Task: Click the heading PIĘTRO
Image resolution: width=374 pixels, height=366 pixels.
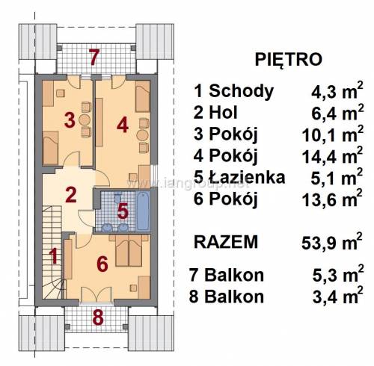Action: tap(289, 59)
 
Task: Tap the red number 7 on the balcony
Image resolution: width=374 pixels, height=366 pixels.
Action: tap(94, 58)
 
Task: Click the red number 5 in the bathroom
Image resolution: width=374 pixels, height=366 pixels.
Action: tap(123, 211)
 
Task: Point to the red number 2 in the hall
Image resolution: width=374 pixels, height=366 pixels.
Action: tap(71, 195)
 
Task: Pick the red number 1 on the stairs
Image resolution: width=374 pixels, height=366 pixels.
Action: tap(54, 256)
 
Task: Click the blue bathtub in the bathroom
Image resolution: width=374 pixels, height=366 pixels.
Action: tap(144, 211)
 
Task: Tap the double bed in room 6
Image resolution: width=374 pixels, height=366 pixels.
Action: tap(129, 251)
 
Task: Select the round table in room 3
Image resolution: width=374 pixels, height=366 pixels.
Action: tap(85, 120)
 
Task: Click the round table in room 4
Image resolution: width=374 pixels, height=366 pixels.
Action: tap(142, 135)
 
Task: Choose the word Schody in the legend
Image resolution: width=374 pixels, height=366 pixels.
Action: tap(241, 91)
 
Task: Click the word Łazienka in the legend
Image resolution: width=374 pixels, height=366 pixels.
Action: tap(247, 177)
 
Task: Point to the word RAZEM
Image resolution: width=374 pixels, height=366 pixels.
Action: tap(226, 242)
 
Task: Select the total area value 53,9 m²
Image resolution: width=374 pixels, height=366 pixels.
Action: tap(331, 241)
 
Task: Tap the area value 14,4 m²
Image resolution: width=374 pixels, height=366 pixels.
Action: tap(332, 155)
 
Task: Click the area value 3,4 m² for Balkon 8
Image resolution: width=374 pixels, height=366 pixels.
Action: tap(337, 297)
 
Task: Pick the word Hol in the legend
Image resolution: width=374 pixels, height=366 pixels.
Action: tap(223, 112)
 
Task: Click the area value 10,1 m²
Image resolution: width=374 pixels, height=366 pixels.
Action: tap(332, 134)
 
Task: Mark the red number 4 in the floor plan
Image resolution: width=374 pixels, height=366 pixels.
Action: tap(123, 125)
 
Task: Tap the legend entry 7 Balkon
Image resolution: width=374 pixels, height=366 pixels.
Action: tap(227, 275)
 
